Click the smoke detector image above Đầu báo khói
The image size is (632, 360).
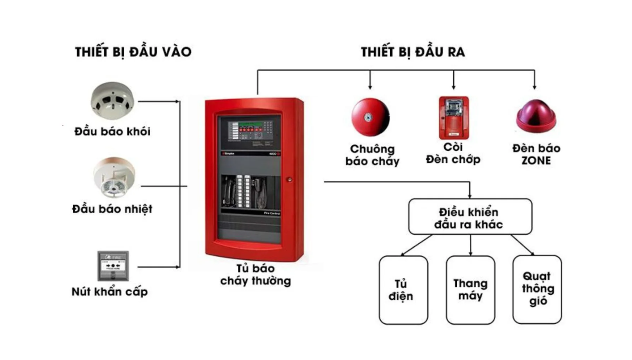[x=112, y=100]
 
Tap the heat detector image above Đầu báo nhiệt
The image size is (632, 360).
[x=114, y=177]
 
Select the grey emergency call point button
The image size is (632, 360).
[x=113, y=266]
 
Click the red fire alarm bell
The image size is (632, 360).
[x=371, y=117]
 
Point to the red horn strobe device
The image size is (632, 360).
[x=454, y=118]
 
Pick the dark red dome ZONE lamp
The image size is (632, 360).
[x=536, y=116]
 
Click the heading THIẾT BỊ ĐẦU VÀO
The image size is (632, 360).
[x=133, y=52]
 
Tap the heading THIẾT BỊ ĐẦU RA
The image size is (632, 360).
[x=413, y=52]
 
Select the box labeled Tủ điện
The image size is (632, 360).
[x=404, y=290]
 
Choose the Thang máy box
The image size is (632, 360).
[x=471, y=290]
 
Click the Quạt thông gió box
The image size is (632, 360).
[x=537, y=289]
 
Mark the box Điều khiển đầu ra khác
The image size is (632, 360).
[x=470, y=216]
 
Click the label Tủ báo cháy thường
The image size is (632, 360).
[x=256, y=275]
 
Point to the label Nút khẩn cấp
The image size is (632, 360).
[x=110, y=292]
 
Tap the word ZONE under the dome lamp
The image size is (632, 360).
[x=536, y=161]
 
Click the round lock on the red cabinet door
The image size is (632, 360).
[x=289, y=180]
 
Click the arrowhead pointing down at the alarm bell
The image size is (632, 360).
[x=370, y=87]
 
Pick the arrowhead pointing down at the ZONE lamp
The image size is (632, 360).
[x=535, y=87]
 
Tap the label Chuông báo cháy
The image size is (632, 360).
[x=372, y=155]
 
